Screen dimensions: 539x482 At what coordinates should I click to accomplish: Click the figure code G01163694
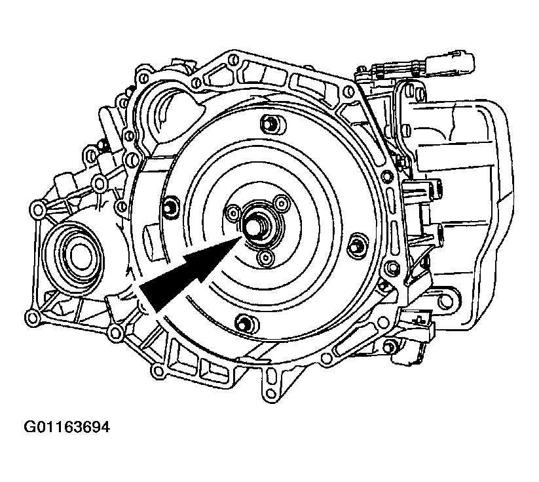coord(67,428)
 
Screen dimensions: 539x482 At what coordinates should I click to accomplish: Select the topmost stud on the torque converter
coord(272,123)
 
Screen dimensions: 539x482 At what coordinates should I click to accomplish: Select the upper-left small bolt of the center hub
coord(233,211)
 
